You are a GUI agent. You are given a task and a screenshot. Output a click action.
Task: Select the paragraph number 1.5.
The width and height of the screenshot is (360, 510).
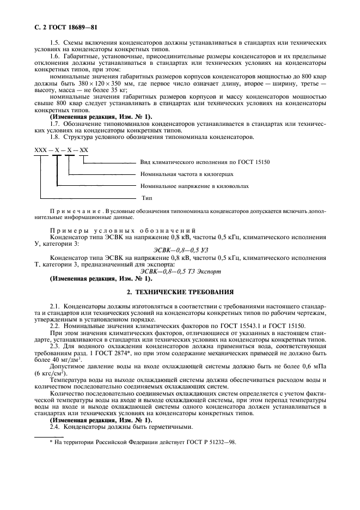pyautogui.click(x=55, y=42)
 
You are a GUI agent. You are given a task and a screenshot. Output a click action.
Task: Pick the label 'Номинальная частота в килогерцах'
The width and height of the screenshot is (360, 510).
pyautogui.click(x=187, y=174)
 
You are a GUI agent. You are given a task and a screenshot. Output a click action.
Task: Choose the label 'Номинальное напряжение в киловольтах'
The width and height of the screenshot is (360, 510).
pyautogui.click(x=194, y=186)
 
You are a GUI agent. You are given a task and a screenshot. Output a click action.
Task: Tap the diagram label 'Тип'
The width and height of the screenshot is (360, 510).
pyautogui.click(x=147, y=198)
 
